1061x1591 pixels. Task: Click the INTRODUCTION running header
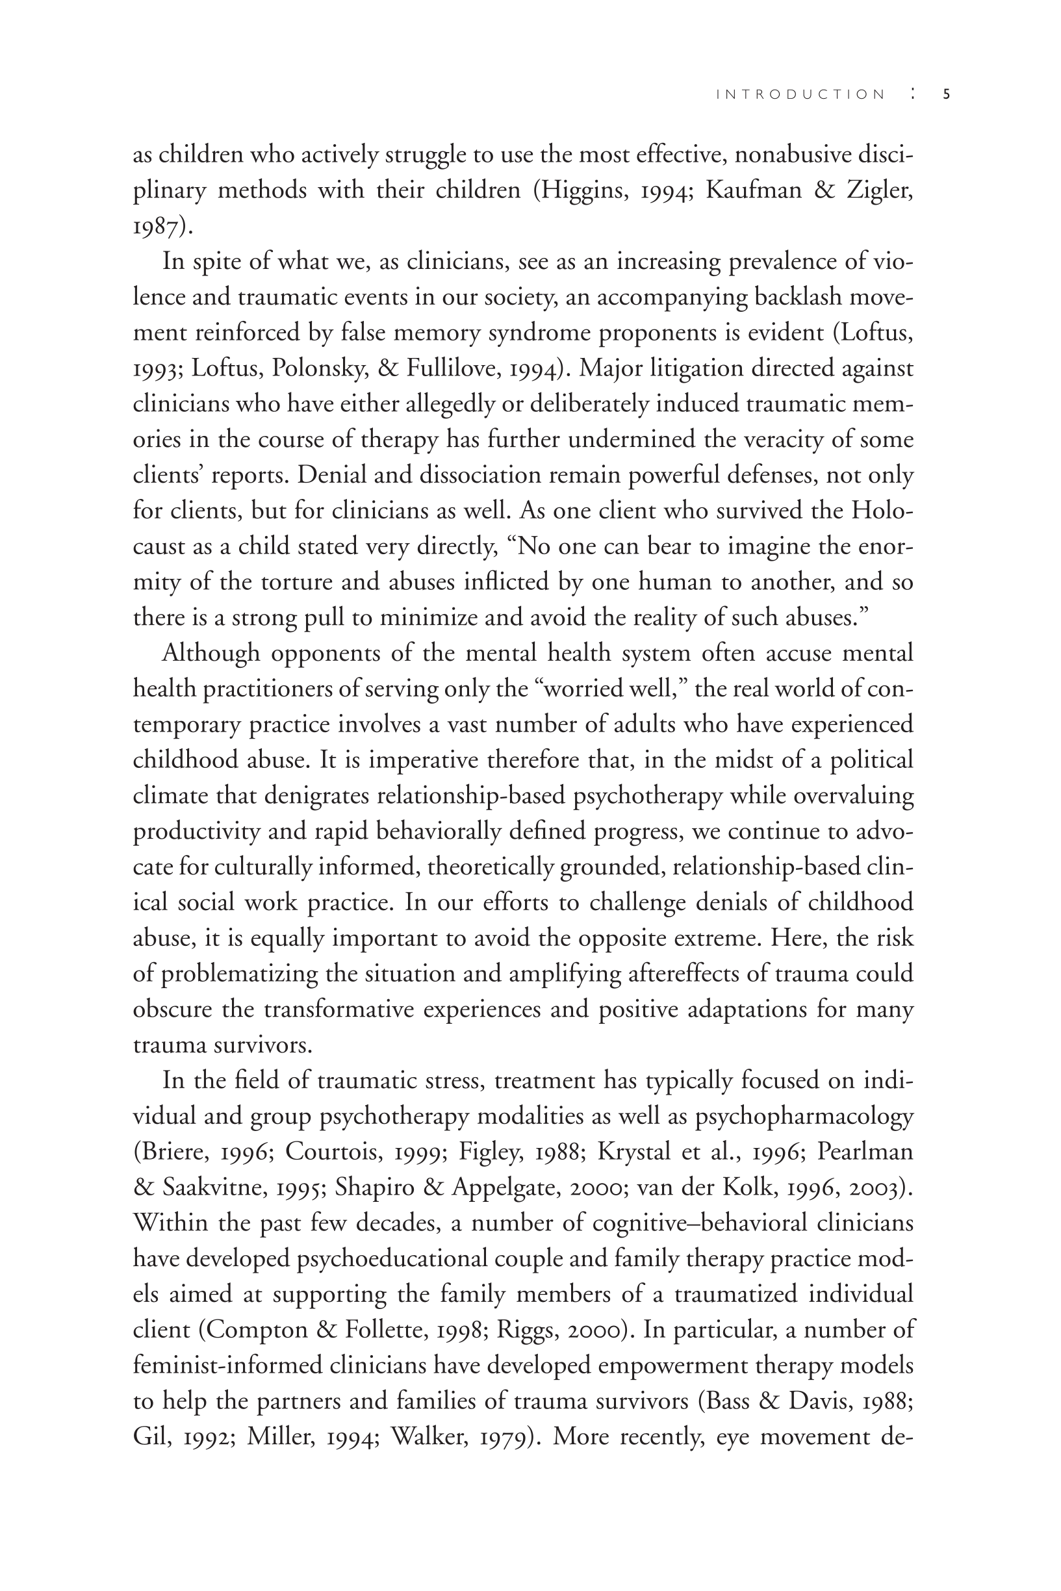[800, 95]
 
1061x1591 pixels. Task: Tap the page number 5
[946, 95]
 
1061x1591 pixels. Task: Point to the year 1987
[157, 227]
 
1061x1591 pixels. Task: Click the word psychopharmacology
[804, 1116]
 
